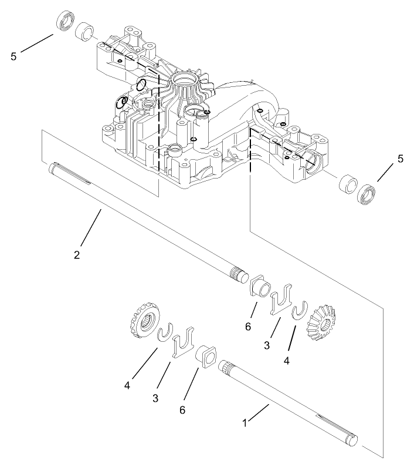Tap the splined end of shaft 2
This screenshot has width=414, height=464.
[238, 274]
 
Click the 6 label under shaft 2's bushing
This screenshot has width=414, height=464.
[248, 325]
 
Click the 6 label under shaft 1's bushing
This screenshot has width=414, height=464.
[182, 409]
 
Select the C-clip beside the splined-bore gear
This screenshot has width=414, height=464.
[165, 332]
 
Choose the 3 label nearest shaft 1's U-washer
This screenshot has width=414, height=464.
[155, 398]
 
